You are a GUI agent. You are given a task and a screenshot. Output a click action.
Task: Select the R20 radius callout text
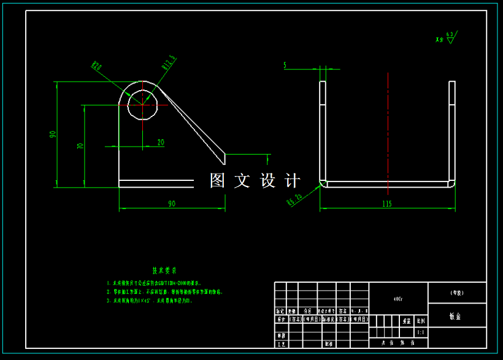coord(97,66)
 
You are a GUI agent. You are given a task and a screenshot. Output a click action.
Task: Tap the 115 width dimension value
coord(386,204)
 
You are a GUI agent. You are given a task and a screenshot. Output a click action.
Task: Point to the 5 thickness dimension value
coord(285,64)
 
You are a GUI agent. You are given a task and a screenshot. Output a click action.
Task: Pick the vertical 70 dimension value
coord(80,146)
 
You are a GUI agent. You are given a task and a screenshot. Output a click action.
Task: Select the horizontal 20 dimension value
coord(161,142)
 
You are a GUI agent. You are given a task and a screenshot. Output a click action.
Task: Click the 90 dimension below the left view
coord(171,204)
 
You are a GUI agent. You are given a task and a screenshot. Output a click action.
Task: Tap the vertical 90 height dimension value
coord(53,134)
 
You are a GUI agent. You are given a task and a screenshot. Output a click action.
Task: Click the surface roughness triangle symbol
coord(450,40)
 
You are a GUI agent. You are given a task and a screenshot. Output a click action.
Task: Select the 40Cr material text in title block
coord(398,299)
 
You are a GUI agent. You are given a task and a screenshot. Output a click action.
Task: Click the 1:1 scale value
coord(420,332)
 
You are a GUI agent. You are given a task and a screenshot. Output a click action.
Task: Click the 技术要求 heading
coord(164,270)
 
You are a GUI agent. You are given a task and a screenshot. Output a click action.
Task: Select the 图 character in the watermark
coord(218,180)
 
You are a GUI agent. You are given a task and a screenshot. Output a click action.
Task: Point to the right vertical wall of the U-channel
coord(452,131)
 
